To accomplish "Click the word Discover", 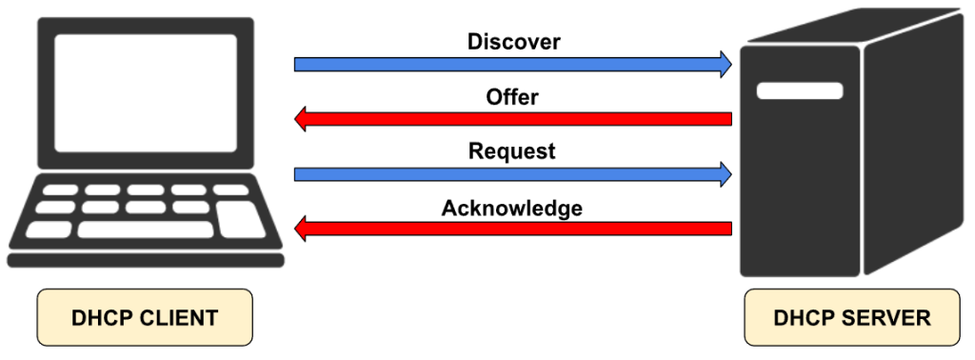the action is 513,42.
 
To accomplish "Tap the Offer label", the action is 512,97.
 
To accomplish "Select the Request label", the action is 511,151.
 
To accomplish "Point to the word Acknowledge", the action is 511,208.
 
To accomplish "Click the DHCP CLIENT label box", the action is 145,317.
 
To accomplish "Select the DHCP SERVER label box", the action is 852,317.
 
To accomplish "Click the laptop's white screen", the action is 146,93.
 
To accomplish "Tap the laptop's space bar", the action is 146,230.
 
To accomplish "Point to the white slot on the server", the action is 800,90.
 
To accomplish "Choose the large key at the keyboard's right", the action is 241,219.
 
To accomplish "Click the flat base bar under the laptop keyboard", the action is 146,260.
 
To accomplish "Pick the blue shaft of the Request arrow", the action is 507,174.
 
